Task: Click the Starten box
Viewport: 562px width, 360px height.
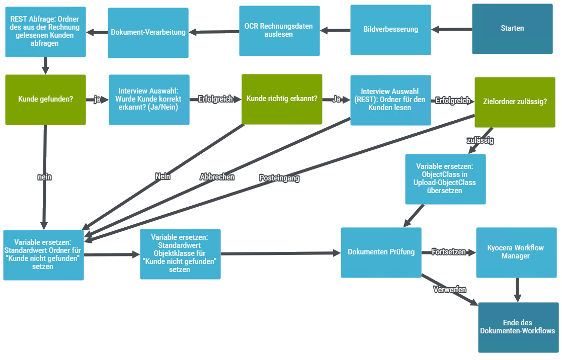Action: (512, 29)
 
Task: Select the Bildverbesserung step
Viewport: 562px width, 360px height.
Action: (390, 29)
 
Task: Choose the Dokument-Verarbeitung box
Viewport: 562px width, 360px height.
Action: (148, 32)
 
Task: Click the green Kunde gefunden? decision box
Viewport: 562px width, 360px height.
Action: (45, 99)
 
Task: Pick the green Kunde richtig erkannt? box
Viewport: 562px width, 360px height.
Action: (282, 99)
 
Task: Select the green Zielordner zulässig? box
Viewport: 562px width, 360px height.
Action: (515, 101)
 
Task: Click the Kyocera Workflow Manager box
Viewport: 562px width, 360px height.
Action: (516, 252)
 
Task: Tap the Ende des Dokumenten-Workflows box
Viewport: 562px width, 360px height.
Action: (518, 327)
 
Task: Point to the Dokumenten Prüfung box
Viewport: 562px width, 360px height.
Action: (381, 252)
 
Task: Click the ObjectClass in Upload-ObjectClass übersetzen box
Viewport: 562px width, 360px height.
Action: (445, 179)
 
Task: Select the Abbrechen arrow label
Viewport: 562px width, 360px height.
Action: (217, 177)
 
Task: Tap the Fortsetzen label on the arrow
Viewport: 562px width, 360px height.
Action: (449, 252)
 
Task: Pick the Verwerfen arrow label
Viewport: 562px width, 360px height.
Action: (449, 290)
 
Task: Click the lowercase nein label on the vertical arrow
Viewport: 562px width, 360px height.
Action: (45, 177)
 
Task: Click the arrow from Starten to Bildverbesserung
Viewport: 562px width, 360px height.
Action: (451, 29)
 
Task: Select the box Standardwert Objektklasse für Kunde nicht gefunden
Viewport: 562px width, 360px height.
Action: (180, 253)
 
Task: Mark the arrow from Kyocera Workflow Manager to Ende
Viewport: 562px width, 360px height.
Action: (517, 290)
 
